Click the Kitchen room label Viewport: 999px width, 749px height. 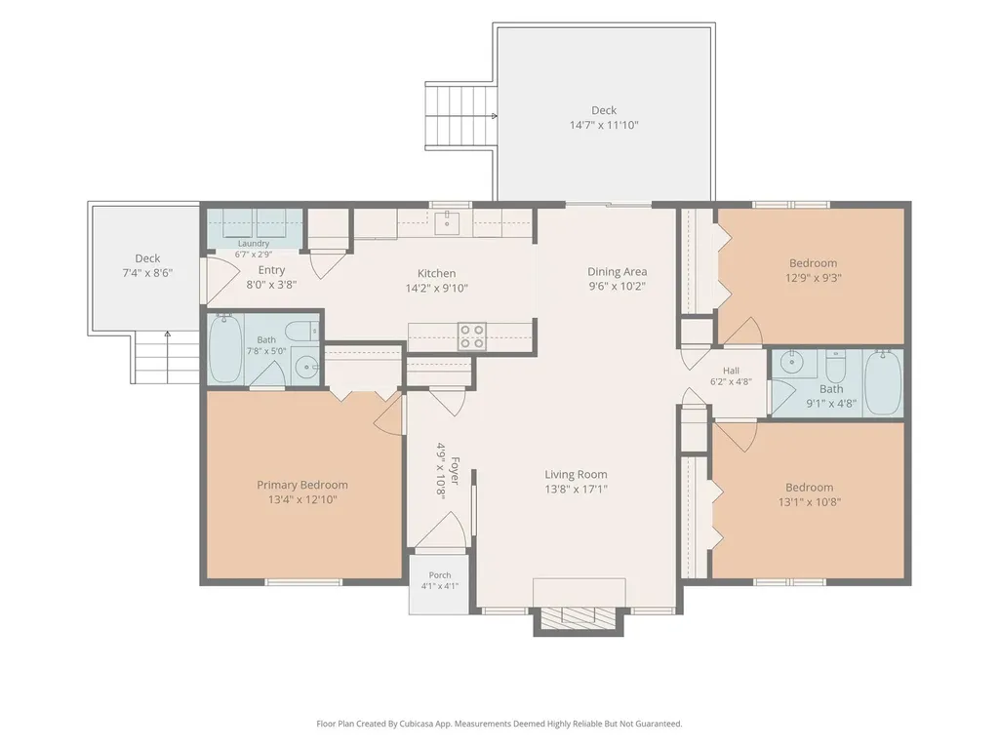tap(436, 273)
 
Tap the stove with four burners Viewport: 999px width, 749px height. tap(472, 336)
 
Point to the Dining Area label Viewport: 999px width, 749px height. tap(617, 271)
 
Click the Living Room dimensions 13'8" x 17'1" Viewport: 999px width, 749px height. tap(576, 490)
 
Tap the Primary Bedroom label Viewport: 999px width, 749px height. tap(302, 485)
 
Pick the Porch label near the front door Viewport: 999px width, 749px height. tap(440, 575)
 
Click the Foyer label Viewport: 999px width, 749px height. tap(455, 470)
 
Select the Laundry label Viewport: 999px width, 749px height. tap(254, 243)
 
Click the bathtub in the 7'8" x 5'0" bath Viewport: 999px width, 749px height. tap(225, 348)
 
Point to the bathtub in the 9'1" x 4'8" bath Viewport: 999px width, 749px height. tap(883, 382)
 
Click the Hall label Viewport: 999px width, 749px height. tap(731, 370)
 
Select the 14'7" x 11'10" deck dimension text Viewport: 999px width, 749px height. tap(603, 125)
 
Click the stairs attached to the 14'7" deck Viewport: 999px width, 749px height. tap(460, 116)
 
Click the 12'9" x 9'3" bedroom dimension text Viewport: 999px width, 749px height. tap(813, 278)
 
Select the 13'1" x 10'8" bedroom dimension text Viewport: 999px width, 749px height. tap(809, 502)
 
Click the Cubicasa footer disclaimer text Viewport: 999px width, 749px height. tap(499, 724)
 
